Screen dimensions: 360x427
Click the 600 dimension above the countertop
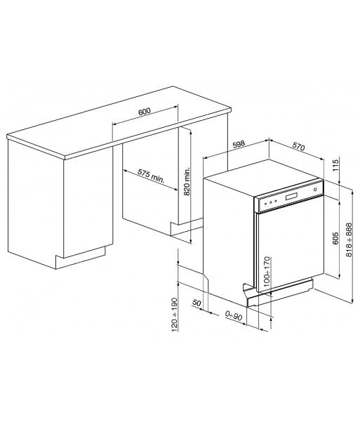[145, 111]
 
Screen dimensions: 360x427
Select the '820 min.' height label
[187, 182]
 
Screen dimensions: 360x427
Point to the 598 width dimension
[239, 144]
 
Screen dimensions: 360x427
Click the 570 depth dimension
[298, 147]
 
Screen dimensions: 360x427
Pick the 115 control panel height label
[335, 165]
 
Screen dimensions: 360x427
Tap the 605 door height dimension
[335, 238]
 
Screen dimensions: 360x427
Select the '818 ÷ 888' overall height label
[349, 239]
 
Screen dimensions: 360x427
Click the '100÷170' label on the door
[267, 271]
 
